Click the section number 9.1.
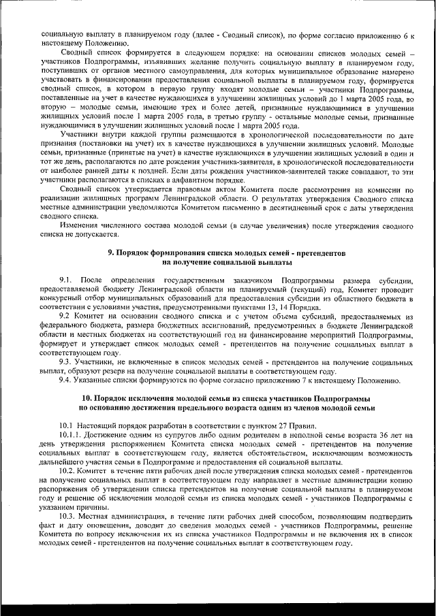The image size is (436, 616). click(x=65, y=280)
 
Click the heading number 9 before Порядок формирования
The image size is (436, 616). click(x=112, y=253)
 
